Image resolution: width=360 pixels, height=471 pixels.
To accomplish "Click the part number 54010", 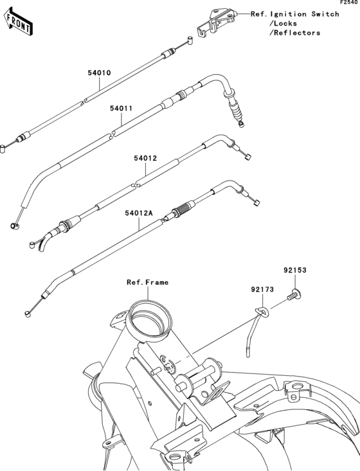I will click(x=100, y=73).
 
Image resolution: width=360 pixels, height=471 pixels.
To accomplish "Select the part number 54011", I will click(x=121, y=109).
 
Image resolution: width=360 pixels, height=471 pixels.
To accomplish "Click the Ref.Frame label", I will click(x=147, y=282).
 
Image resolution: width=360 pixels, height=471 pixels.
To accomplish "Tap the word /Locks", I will click(x=283, y=23).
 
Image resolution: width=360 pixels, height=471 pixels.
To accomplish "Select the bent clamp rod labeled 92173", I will click(x=251, y=331).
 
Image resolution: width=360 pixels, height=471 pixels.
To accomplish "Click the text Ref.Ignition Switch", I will click(x=295, y=13).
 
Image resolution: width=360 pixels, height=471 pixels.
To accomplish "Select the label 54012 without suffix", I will click(x=145, y=157).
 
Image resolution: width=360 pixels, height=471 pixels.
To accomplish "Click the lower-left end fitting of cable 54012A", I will click(x=28, y=314).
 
